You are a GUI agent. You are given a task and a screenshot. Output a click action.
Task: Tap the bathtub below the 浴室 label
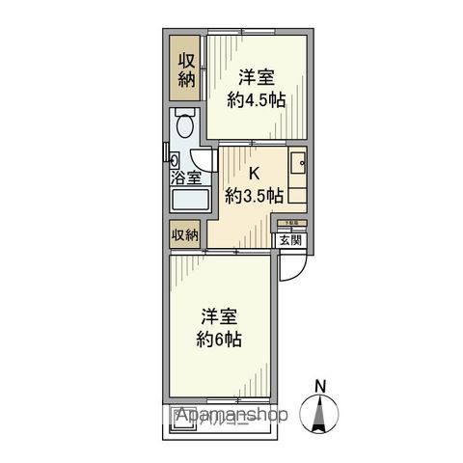click(189, 201)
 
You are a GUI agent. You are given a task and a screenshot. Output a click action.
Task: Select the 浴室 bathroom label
click(186, 177)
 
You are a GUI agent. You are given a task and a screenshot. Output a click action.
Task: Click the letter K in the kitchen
click(255, 175)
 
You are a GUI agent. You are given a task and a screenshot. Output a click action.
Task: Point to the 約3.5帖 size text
click(255, 196)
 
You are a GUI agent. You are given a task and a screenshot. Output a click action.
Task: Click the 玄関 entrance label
click(290, 241)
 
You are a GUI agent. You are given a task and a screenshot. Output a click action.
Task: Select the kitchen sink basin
click(298, 164)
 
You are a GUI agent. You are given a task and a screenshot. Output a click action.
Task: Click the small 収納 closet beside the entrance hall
click(185, 234)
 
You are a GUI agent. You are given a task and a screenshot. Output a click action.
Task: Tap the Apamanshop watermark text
click(231, 416)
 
